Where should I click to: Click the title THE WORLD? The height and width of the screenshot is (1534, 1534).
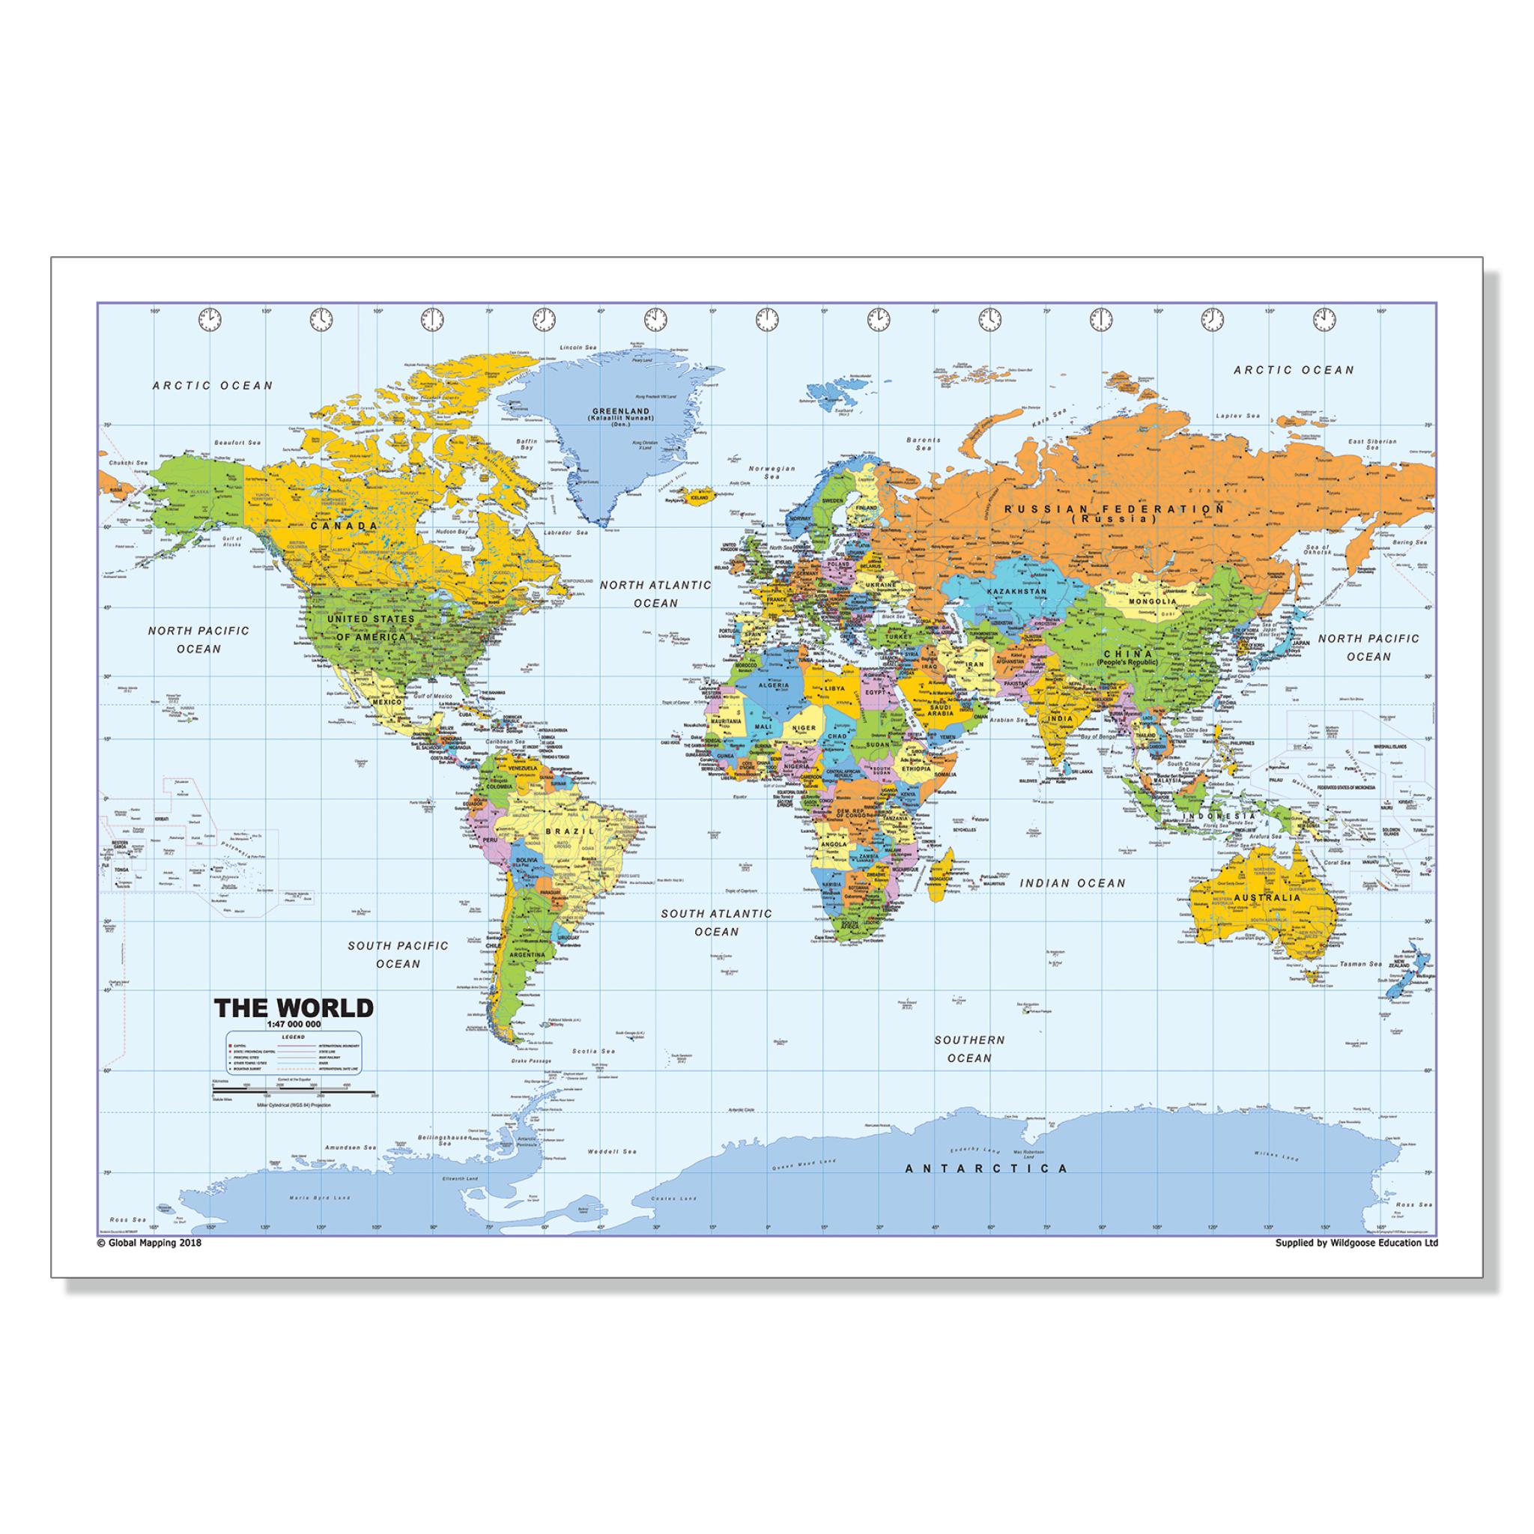click(x=294, y=1007)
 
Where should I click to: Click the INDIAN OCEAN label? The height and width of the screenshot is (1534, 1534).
click(x=1072, y=882)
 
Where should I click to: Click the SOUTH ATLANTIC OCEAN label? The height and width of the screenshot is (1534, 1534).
click(x=716, y=922)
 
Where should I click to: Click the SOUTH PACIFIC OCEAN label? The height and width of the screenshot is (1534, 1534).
click(x=398, y=954)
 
